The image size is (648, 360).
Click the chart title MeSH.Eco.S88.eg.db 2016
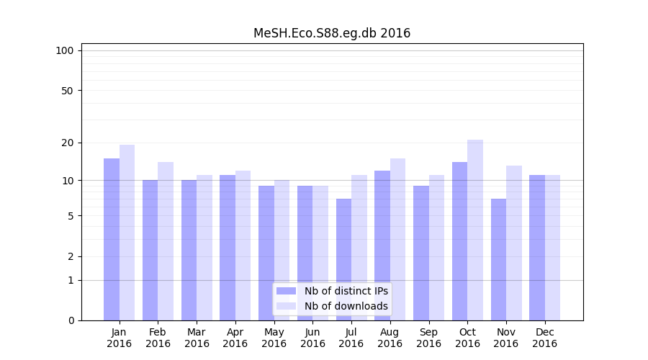click(332, 33)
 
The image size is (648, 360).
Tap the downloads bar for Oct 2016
click(475, 230)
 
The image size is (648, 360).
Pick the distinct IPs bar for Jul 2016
click(343, 259)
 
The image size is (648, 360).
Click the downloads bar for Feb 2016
click(166, 241)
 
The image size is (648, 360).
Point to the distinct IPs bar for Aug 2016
click(382, 245)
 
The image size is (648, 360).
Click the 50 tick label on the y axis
click(67, 91)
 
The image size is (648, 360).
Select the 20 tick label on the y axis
click(67, 143)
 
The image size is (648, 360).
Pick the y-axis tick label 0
click(71, 320)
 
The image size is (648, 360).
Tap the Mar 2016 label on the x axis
click(197, 338)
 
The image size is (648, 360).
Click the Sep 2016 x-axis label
click(428, 338)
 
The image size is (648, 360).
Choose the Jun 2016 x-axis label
click(312, 338)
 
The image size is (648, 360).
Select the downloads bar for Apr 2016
click(243, 246)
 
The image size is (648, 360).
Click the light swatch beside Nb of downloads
click(286, 306)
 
